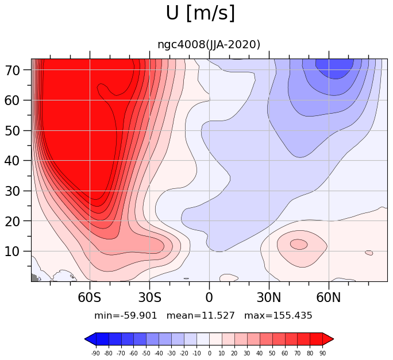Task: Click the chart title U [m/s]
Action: [x=201, y=13]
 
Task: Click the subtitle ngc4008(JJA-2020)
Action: [x=209, y=45]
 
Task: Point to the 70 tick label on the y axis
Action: [x=12, y=71]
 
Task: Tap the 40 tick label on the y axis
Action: [x=12, y=161]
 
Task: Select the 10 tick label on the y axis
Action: [x=12, y=251]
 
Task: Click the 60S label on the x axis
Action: [x=90, y=297]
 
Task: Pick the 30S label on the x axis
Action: [x=149, y=297]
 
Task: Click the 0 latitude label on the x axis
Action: [x=209, y=297]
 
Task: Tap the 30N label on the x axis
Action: [x=269, y=297]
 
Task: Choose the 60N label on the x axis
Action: [x=329, y=297]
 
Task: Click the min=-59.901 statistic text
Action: [x=126, y=315]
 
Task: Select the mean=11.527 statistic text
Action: [x=201, y=315]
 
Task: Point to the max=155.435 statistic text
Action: [x=278, y=315]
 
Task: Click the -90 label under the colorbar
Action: [x=95, y=354]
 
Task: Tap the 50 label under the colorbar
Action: [x=272, y=354]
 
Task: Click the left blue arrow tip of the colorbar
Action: [x=85, y=339]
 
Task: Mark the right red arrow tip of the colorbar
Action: [x=334, y=339]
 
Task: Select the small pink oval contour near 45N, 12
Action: [x=299, y=244]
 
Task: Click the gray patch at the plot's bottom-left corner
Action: [x=34, y=278]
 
